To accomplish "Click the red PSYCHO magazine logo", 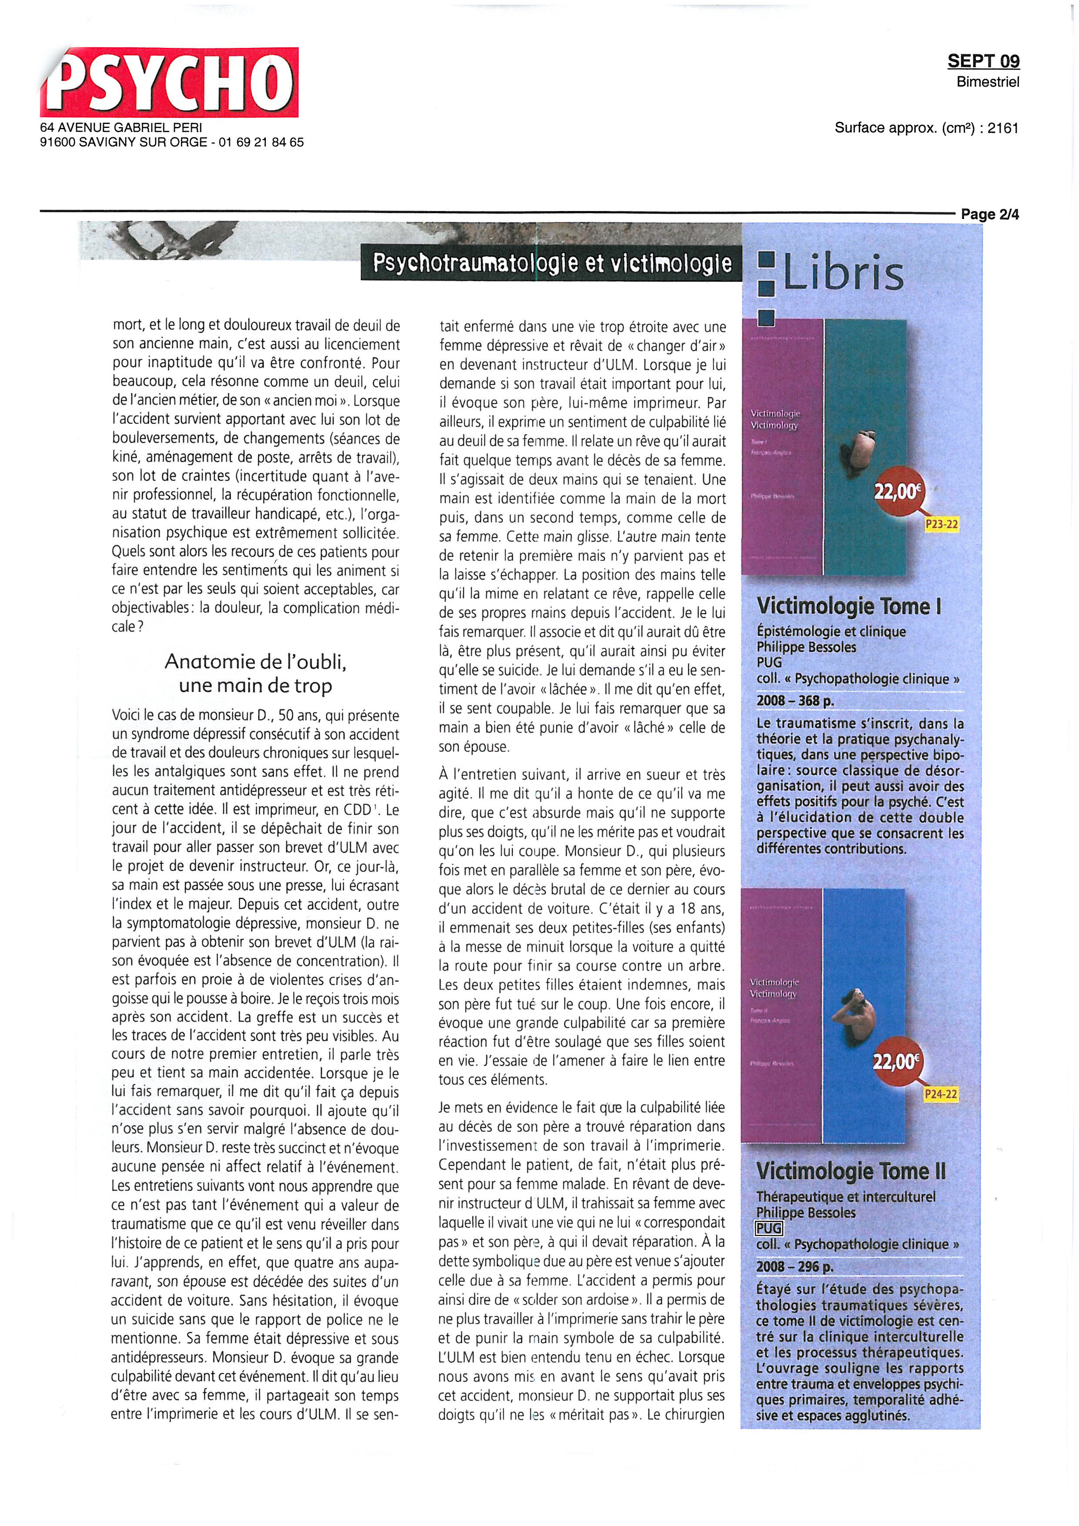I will click(169, 82).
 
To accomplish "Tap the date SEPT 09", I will click(983, 61).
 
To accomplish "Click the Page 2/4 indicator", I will click(989, 214).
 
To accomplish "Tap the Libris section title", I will click(842, 273).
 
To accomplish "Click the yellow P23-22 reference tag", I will click(942, 524).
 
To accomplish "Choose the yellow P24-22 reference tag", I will click(940, 1094).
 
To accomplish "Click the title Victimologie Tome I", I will click(848, 606).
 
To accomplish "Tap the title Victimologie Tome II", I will click(851, 1171).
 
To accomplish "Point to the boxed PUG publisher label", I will click(769, 1228).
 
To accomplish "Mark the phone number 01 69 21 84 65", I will click(261, 142).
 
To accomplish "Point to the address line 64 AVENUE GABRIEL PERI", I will click(121, 127).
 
